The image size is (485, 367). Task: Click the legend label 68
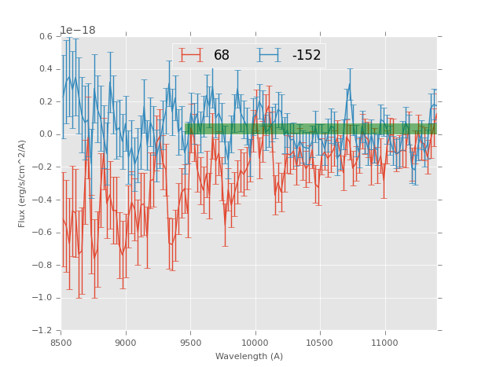[222, 55]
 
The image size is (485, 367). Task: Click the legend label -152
[307, 55]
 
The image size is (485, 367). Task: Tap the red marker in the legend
[191, 55]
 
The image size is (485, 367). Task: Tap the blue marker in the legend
[270, 55]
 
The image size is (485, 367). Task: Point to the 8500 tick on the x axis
[61, 343]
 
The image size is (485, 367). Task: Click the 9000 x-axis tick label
[126, 343]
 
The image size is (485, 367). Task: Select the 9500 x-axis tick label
[190, 343]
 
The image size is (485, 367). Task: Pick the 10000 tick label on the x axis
[255, 343]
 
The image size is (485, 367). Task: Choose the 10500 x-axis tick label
[320, 343]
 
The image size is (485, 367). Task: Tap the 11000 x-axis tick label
[384, 343]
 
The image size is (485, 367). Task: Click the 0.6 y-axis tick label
[45, 36]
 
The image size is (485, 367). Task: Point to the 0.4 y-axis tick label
[45, 69]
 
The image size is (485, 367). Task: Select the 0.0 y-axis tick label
[45, 134]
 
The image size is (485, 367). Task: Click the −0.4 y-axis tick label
[42, 200]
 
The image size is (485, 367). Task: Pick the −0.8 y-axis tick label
[42, 265]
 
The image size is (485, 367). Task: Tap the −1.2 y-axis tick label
[42, 331]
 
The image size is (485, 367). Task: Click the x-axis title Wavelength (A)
[249, 357]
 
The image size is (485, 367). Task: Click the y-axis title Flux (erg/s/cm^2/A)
[23, 183]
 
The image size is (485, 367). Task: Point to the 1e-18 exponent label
[78, 31]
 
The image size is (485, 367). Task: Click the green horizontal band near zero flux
[310, 128]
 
